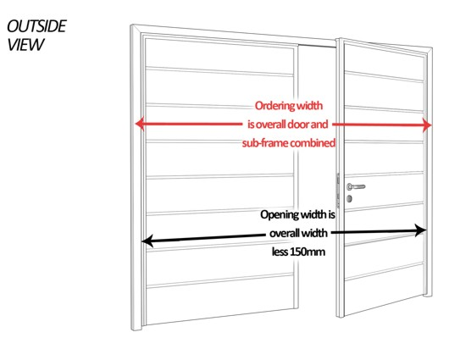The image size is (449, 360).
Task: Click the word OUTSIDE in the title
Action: click(x=36, y=26)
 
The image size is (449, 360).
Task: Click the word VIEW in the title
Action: click(x=25, y=45)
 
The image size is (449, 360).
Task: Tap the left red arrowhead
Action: click(x=139, y=125)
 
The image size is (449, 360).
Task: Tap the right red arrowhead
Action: click(x=427, y=125)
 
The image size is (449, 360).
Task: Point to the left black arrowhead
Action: click(x=147, y=241)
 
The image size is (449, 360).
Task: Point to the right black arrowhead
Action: click(x=421, y=230)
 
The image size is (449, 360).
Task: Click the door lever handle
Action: click(x=356, y=186)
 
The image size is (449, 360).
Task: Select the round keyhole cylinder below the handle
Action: click(x=349, y=198)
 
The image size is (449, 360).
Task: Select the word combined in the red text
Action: click(x=312, y=142)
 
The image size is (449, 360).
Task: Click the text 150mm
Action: click(x=308, y=252)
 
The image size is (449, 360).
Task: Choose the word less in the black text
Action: click(x=280, y=252)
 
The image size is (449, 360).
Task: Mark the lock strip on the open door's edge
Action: click(x=338, y=191)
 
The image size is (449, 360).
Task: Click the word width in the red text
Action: click(x=309, y=106)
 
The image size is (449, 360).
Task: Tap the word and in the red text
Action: click(x=319, y=125)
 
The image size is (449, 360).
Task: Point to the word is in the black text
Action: click(x=331, y=214)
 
